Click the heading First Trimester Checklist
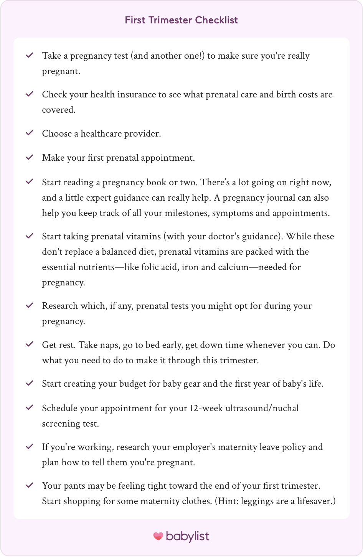coord(181,20)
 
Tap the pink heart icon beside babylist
coord(158,536)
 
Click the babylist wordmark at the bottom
coord(188,536)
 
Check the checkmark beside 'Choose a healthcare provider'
coord(30,133)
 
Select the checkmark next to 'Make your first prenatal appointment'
coord(30,157)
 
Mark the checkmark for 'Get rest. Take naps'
coord(30,344)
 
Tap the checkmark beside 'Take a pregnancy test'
coord(30,55)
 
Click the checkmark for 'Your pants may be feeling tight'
coord(30,485)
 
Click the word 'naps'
coord(110,345)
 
